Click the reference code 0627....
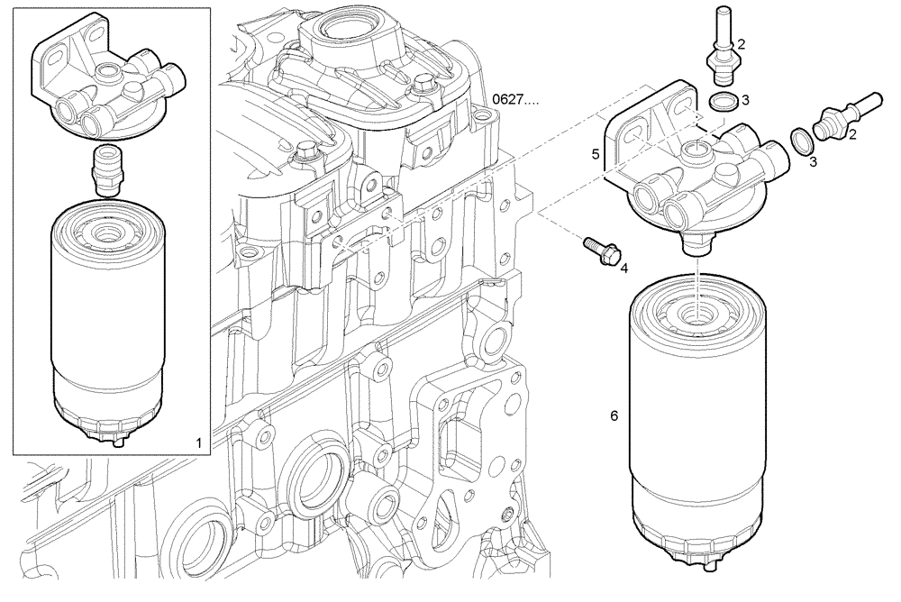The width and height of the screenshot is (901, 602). [515, 100]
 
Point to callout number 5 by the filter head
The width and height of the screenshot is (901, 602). [596, 154]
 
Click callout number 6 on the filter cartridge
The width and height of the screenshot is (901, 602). [614, 416]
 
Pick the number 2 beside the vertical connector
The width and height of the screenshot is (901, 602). [741, 42]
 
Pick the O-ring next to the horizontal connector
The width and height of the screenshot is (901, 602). [798, 139]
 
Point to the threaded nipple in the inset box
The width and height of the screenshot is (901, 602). [107, 169]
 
